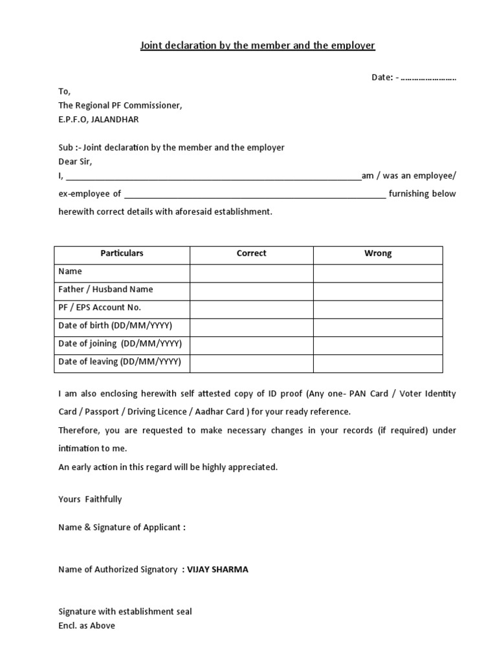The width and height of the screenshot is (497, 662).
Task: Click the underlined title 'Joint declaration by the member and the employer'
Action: pyautogui.click(x=258, y=46)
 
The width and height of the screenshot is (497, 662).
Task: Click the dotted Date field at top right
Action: pyautogui.click(x=428, y=78)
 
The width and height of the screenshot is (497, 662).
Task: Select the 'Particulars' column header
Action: pyautogui.click(x=122, y=253)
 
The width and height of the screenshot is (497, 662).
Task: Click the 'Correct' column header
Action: pyautogui.click(x=251, y=253)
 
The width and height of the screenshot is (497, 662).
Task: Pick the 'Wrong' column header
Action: pyautogui.click(x=378, y=253)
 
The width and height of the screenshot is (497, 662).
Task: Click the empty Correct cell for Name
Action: pyautogui.click(x=251, y=273)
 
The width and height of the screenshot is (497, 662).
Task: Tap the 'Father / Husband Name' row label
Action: pyautogui.click(x=105, y=290)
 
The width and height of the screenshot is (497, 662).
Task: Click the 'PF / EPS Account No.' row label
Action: pyautogui.click(x=100, y=308)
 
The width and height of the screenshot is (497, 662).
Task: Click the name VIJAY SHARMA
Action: pyautogui.click(x=217, y=570)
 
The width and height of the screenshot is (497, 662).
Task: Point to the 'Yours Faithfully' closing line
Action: pyautogui.click(x=90, y=499)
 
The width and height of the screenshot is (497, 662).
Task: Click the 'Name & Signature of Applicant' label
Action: pyautogui.click(x=122, y=528)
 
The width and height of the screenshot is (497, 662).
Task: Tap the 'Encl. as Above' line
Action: pyautogui.click(x=87, y=626)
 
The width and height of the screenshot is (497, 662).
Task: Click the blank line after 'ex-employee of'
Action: pyautogui.click(x=254, y=193)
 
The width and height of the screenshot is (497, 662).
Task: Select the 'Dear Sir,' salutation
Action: pyautogui.click(x=76, y=162)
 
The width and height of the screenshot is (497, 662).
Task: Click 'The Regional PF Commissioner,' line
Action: pyautogui.click(x=120, y=105)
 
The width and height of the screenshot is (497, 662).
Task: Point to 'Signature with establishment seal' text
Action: pyautogui.click(x=125, y=612)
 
